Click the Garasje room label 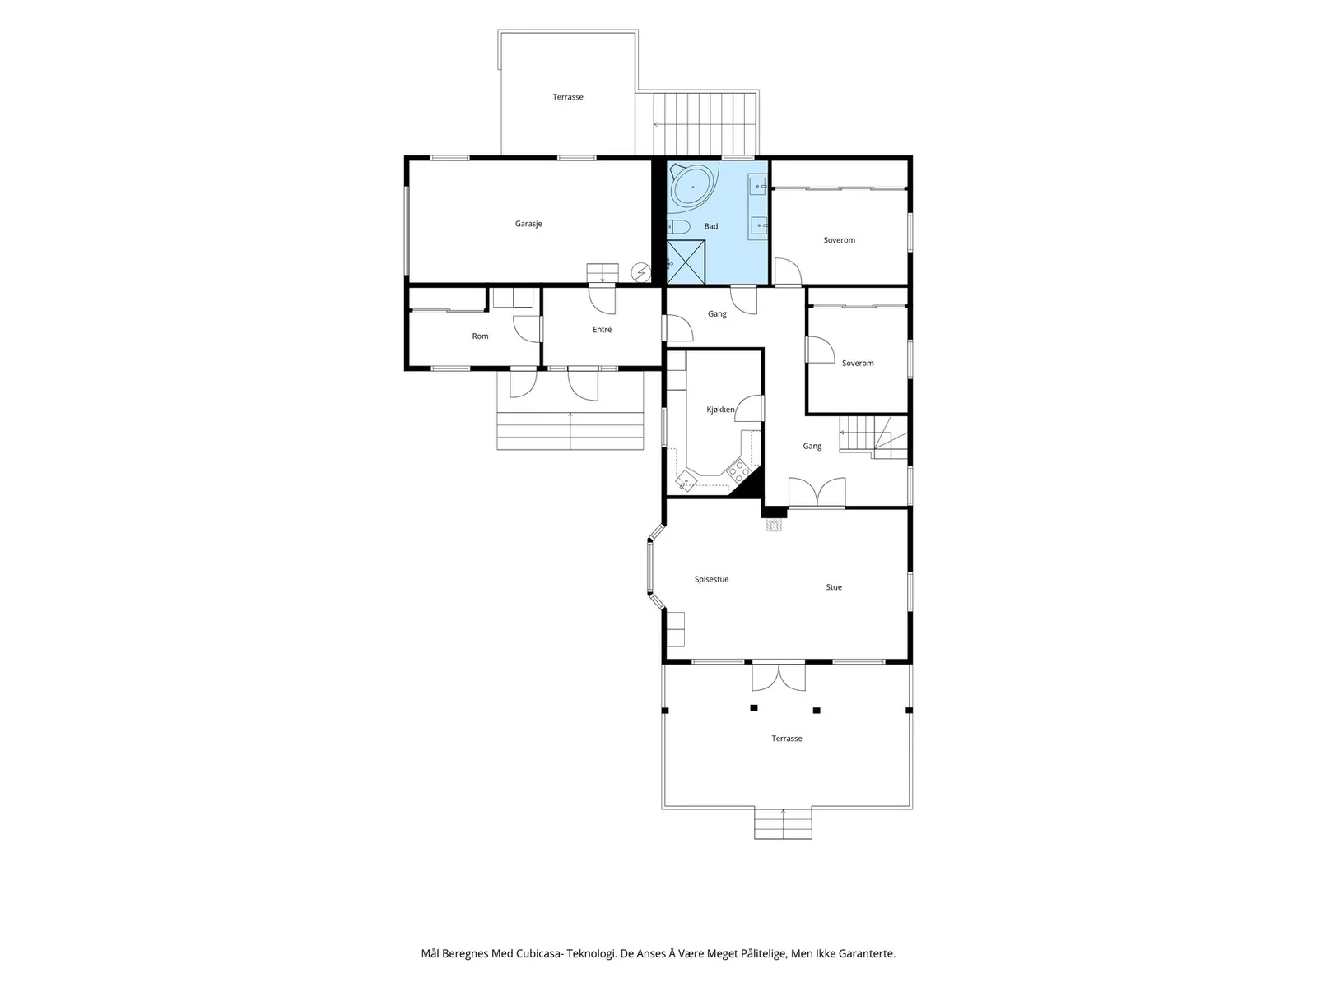[x=528, y=224]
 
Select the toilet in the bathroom [x=677, y=227]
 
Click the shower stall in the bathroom [x=686, y=262]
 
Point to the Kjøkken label [x=720, y=410]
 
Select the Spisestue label [x=712, y=580]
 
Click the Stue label [x=833, y=587]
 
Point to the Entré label [x=602, y=330]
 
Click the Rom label [x=480, y=336]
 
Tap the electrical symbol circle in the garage [x=640, y=273]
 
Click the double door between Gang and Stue [x=817, y=493]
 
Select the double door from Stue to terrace [x=779, y=676]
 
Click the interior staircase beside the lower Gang [x=873, y=438]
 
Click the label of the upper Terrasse [x=568, y=97]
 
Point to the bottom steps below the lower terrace [x=783, y=824]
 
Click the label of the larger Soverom [x=839, y=240]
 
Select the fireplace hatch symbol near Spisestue [x=775, y=525]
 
